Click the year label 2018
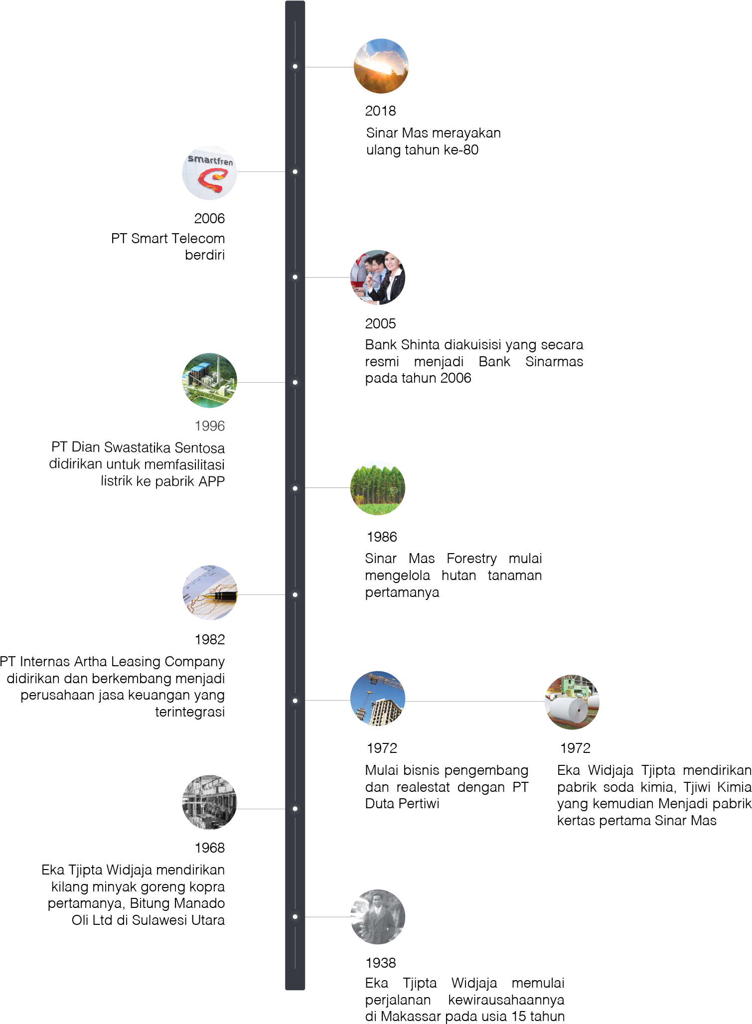[380, 111]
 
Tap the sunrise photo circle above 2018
[381, 66]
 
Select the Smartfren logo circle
[210, 173]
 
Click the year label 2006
[209, 218]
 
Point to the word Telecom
[198, 238]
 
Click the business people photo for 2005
[378, 277]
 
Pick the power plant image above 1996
[210, 381]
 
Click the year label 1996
[210, 426]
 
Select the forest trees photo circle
[378, 488]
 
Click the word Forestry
[471, 558]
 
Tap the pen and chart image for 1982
[210, 592]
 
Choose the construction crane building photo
[378, 698]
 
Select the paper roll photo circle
[572, 702]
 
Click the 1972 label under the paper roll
[575, 748]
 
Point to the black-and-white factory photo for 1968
[210, 802]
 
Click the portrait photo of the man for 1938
[378, 917]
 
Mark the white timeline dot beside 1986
[295, 488]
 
